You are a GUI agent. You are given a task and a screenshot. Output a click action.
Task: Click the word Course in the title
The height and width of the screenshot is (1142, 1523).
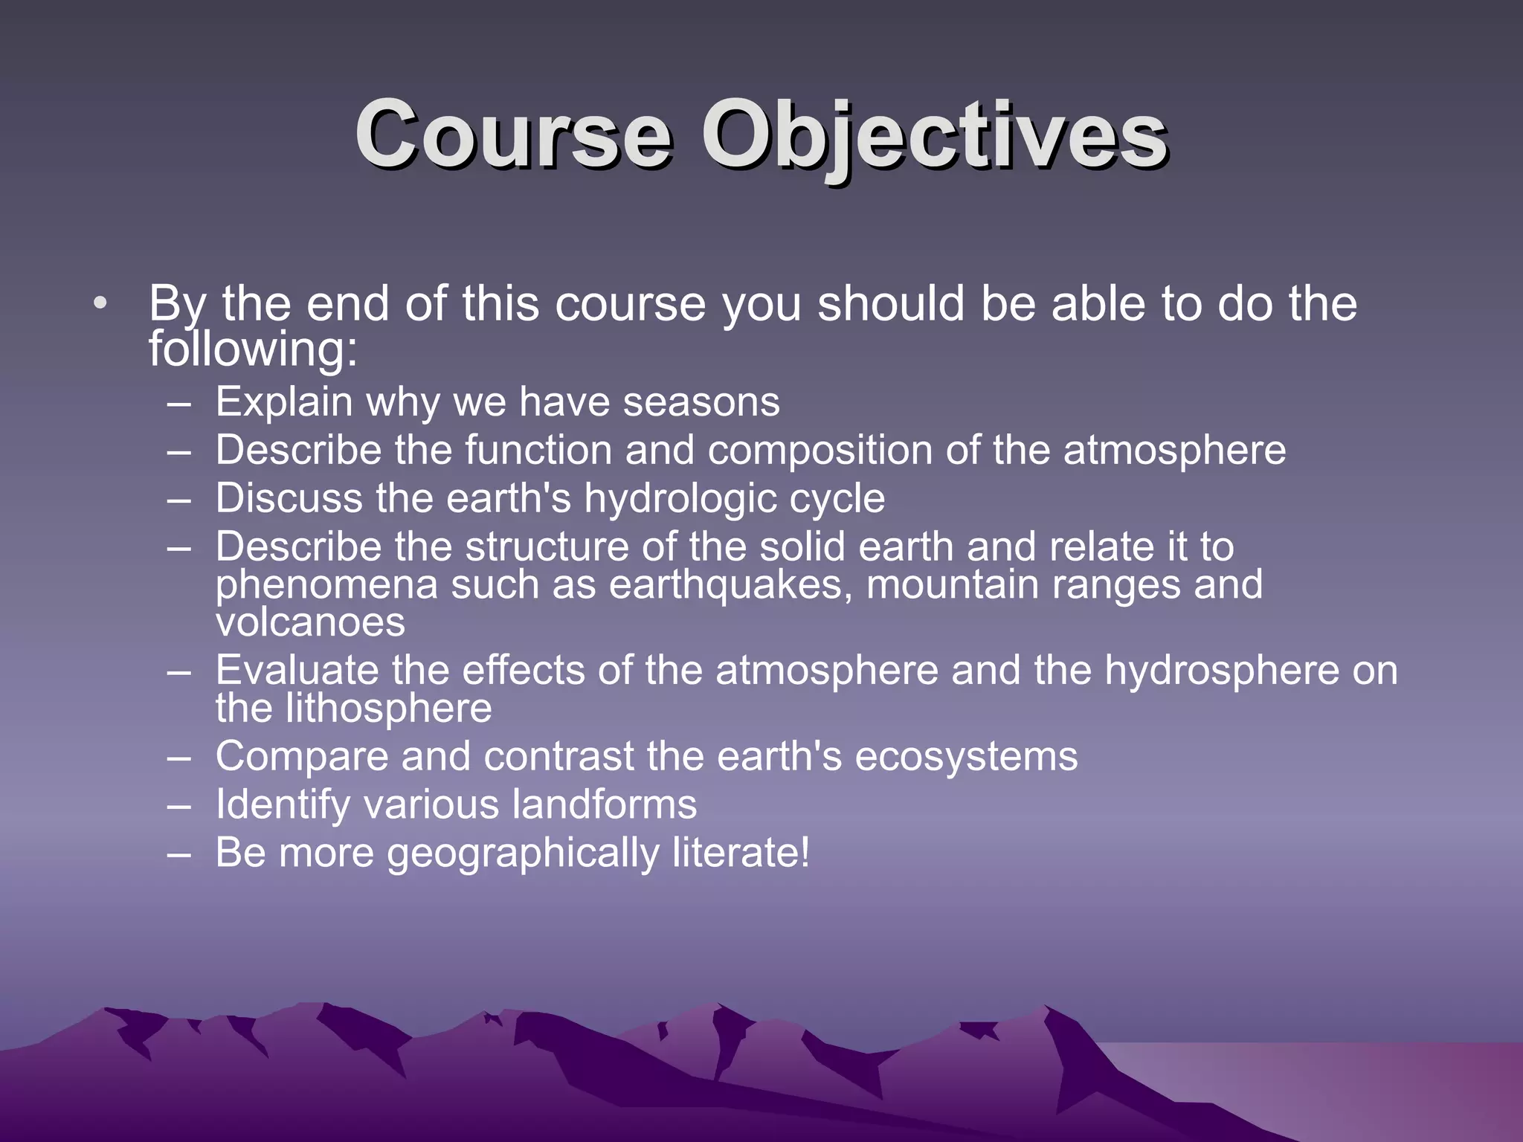pos(513,135)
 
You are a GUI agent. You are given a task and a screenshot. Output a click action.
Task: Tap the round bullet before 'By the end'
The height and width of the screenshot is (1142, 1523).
pos(100,303)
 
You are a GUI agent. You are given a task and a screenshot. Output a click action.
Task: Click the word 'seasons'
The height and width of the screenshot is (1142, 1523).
pos(701,402)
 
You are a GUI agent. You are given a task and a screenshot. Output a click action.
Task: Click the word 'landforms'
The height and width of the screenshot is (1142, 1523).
pos(605,804)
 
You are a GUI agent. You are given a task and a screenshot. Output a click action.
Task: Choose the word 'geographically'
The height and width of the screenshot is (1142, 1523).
pos(523,853)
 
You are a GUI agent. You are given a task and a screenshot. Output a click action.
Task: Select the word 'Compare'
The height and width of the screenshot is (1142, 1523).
pos(302,757)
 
